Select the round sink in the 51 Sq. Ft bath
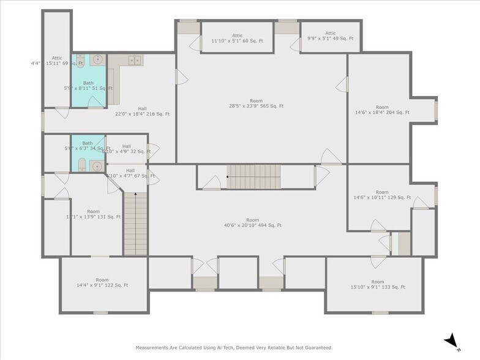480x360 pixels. pyautogui.click(x=97, y=60)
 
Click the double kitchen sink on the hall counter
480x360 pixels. pyautogui.click(x=135, y=59)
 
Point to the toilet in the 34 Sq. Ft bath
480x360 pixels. pyautogui.click(x=81, y=165)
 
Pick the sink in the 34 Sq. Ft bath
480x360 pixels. pyautogui.click(x=96, y=165)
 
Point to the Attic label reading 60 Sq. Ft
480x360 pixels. pyautogui.click(x=237, y=38)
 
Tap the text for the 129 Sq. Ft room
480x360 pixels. pyautogui.click(x=381, y=195)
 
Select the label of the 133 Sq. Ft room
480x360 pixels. pyautogui.click(x=373, y=283)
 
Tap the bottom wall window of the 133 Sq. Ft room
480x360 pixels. pyautogui.click(x=380, y=312)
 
